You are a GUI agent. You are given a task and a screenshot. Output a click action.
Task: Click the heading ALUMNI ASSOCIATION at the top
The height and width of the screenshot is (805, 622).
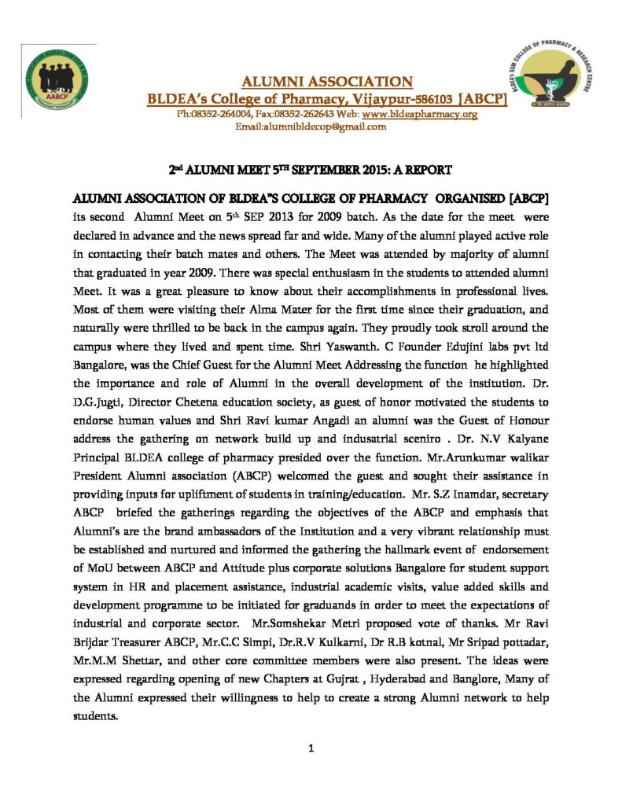click(326, 82)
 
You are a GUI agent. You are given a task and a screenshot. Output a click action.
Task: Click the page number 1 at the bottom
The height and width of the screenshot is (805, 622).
click(311, 748)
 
